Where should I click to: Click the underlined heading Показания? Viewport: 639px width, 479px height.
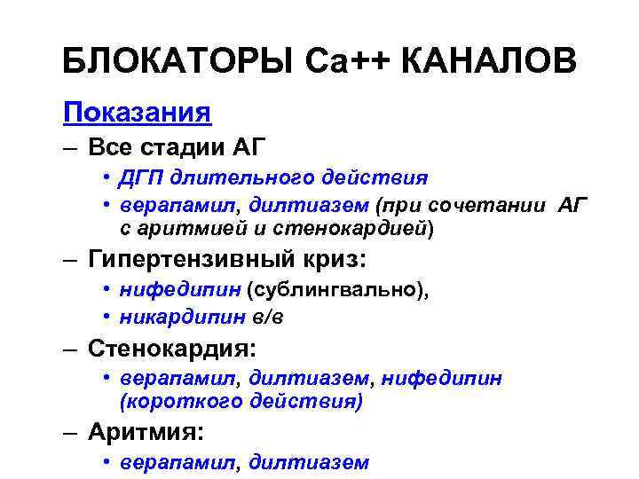click(137, 113)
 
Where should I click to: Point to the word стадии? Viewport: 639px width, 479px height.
click(178, 146)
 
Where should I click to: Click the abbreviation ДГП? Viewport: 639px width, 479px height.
click(141, 179)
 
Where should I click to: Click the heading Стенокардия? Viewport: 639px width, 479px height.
click(168, 349)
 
